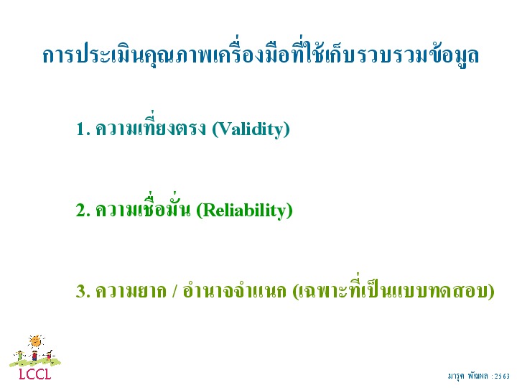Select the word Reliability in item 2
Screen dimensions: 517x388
pyautogui.click(x=244, y=211)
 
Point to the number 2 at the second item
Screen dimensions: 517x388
pyautogui.click(x=83, y=210)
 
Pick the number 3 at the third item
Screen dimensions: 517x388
pyautogui.click(x=83, y=291)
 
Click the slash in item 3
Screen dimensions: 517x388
pyautogui.click(x=174, y=291)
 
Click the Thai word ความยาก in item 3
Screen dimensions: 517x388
pyautogui.click(x=131, y=291)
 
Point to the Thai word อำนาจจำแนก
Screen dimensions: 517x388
pyautogui.click(x=234, y=290)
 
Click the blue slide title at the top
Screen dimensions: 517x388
pyautogui.click(x=261, y=54)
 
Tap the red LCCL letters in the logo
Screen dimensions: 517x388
pyautogui.click(x=35, y=374)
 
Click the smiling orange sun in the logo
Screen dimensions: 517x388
pyautogui.click(x=36, y=342)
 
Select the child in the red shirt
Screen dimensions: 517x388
pyautogui.click(x=34, y=356)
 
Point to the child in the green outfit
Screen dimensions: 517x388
pyautogui.click(x=20, y=356)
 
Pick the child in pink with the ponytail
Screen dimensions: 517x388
pyautogui.click(x=49, y=356)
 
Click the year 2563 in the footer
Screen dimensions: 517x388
pyautogui.click(x=502, y=376)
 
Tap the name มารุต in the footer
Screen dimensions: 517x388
pyautogui.click(x=456, y=376)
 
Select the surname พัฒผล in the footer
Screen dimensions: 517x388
pyautogui.click(x=478, y=376)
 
